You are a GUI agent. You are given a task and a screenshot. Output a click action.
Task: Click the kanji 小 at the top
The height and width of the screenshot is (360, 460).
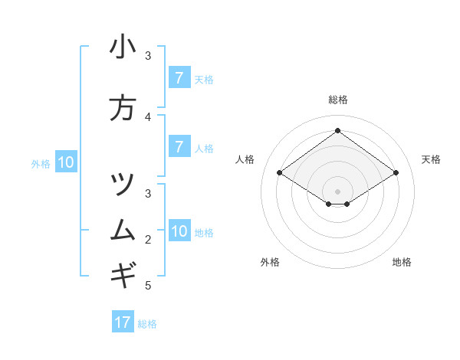pos(123,47)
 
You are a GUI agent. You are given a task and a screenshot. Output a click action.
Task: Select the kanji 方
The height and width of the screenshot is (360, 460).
pos(123,108)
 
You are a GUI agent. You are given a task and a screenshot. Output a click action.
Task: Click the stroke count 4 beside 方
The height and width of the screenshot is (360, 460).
pos(149,117)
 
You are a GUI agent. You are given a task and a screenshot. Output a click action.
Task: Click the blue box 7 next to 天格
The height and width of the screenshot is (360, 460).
pos(179,78)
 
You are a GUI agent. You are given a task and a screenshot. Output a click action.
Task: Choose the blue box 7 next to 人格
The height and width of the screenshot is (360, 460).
pos(179,147)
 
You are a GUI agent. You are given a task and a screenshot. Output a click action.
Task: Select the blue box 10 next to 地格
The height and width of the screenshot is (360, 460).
pos(179,231)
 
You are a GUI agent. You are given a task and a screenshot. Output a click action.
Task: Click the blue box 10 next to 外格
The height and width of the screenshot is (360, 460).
pos(65,162)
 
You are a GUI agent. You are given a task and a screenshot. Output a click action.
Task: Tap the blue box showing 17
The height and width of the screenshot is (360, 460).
pos(123,322)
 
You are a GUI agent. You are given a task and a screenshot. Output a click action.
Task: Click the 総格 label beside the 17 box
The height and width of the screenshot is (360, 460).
pos(147,324)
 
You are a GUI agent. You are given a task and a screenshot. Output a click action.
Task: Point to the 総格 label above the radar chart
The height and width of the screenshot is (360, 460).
pos(337,100)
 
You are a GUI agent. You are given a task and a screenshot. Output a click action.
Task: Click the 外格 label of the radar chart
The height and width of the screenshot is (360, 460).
pos(270,262)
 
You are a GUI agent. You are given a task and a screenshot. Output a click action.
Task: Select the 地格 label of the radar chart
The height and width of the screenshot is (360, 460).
pos(402,262)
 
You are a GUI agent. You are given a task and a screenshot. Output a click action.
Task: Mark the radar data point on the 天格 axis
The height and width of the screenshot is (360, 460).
pos(396,173)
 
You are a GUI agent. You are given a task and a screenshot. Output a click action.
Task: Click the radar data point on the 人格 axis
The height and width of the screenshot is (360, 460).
pos(280,173)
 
